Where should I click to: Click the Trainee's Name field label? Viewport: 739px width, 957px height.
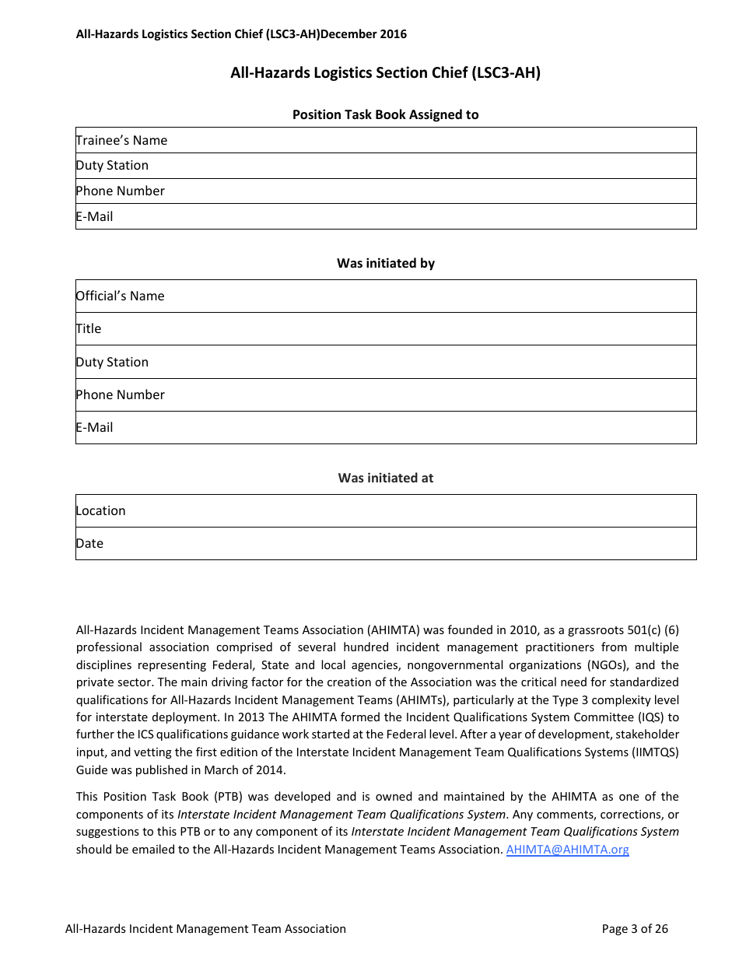tap(121, 140)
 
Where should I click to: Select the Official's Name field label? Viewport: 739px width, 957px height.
tap(120, 296)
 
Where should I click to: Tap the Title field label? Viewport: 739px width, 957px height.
tap(89, 328)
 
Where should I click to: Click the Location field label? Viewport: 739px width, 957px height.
tap(100, 510)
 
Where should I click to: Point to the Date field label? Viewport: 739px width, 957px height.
tap(89, 543)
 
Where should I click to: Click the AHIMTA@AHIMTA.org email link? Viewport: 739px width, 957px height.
tap(567, 850)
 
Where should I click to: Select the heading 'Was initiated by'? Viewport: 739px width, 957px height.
tap(386, 263)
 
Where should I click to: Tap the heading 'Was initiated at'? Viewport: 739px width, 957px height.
tap(386, 478)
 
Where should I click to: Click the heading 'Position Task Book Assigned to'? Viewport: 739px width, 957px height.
tap(386, 114)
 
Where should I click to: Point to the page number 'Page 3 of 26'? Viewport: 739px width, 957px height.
tap(635, 928)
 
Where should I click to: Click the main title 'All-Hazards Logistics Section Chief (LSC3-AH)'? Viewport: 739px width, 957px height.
tap(386, 73)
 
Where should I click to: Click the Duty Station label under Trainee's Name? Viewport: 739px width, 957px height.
tap(112, 165)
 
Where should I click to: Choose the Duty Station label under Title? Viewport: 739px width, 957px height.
tap(112, 362)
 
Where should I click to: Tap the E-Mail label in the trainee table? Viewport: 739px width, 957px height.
tap(94, 216)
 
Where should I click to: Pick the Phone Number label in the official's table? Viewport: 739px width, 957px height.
tap(120, 394)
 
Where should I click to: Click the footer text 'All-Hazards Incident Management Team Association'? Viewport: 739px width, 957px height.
tap(205, 928)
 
